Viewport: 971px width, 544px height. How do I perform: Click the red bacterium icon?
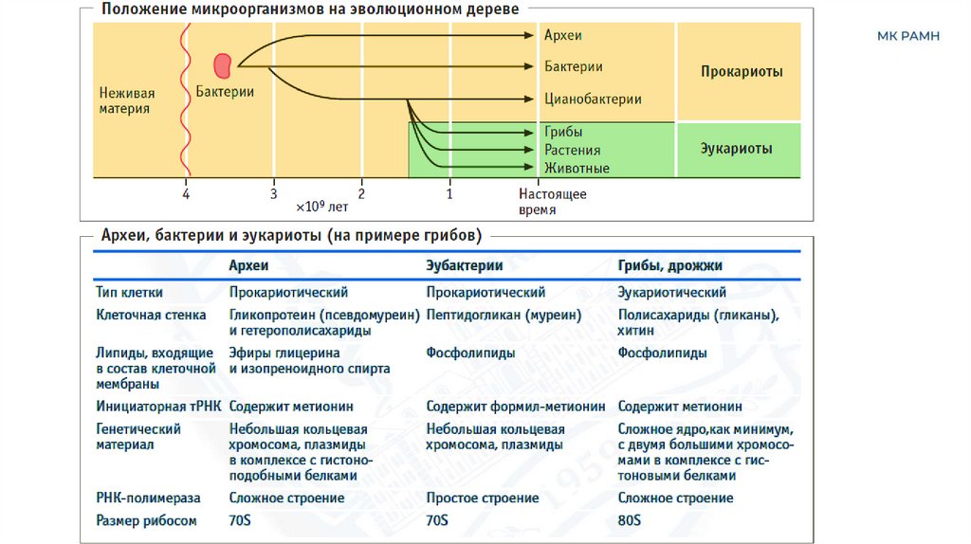click(x=224, y=64)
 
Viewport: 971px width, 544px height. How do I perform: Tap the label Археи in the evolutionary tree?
click(x=563, y=36)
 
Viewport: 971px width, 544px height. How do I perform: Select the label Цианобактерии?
click(x=593, y=99)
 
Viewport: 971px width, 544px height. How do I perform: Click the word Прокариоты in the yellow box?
click(x=742, y=72)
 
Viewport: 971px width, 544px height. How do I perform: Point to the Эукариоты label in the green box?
click(x=736, y=149)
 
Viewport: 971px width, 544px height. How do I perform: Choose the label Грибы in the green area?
click(x=563, y=133)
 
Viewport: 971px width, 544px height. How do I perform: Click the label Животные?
click(x=577, y=168)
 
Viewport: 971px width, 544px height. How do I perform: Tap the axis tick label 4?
click(x=186, y=193)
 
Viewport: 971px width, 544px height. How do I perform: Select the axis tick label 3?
click(x=273, y=193)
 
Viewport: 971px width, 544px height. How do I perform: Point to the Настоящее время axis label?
click(x=552, y=201)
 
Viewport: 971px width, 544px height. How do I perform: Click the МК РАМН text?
click(x=907, y=37)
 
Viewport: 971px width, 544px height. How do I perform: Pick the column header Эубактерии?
click(x=464, y=266)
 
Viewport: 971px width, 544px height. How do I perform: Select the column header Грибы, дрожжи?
click(x=676, y=266)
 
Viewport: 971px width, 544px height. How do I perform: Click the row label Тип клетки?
click(x=129, y=292)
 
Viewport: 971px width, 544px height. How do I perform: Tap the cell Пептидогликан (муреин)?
click(x=504, y=315)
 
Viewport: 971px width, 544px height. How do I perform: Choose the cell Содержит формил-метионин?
click(x=515, y=406)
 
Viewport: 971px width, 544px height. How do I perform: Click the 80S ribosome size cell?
click(x=630, y=520)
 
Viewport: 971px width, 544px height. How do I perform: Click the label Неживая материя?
click(x=126, y=100)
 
